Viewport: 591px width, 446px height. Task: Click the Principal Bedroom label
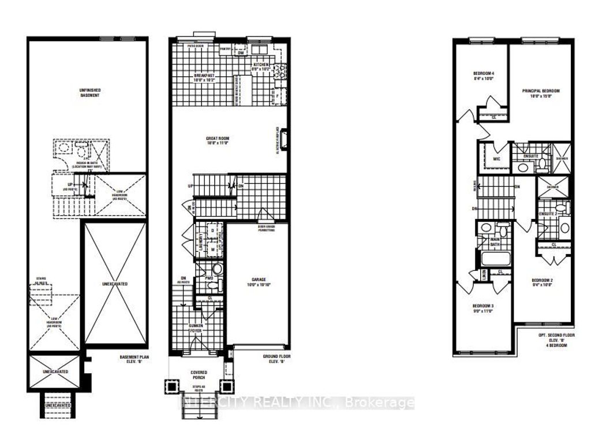tap(541, 94)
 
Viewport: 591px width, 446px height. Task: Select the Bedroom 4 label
tap(484, 77)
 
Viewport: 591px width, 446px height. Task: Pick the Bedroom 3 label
tap(484, 308)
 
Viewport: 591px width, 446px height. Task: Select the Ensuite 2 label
tap(547, 214)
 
